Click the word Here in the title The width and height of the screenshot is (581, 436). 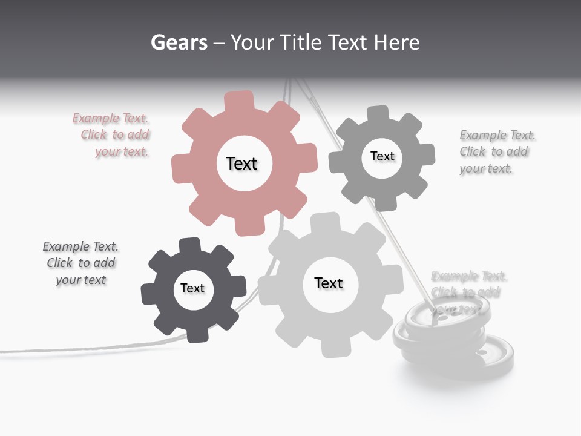396,42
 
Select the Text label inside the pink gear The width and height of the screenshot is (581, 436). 241,163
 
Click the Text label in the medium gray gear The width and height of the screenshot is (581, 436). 382,156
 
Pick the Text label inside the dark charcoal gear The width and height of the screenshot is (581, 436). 192,288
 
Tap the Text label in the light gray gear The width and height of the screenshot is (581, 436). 329,283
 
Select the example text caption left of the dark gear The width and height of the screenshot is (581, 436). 81,263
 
